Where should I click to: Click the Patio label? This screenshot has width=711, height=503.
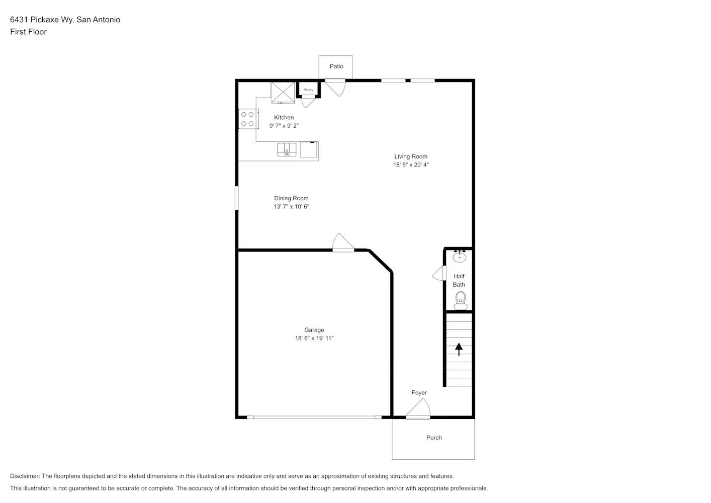[336, 66]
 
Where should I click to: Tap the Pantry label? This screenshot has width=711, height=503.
[308, 90]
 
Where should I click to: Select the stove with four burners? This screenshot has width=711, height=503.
[247, 119]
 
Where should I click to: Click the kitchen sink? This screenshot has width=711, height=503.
[288, 149]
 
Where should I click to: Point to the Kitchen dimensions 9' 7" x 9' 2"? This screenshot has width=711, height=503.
[284, 126]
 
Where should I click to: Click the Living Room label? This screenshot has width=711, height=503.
[410, 156]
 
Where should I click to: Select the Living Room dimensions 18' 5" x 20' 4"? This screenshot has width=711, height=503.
[410, 165]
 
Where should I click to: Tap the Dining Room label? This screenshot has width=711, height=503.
[291, 198]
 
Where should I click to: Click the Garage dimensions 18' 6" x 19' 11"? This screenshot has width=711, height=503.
[314, 339]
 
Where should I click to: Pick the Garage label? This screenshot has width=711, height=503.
[314, 330]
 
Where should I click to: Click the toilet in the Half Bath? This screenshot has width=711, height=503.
[460, 301]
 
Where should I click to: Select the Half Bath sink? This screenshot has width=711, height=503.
[459, 257]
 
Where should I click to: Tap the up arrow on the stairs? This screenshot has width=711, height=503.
[459, 349]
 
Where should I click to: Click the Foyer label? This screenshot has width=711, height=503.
[419, 393]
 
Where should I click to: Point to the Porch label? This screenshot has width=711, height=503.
[434, 438]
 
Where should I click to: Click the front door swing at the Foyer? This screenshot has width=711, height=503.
[419, 409]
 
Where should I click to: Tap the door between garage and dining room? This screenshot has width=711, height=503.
[343, 242]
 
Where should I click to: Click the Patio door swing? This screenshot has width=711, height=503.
[335, 88]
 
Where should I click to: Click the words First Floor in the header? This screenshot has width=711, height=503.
[28, 32]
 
